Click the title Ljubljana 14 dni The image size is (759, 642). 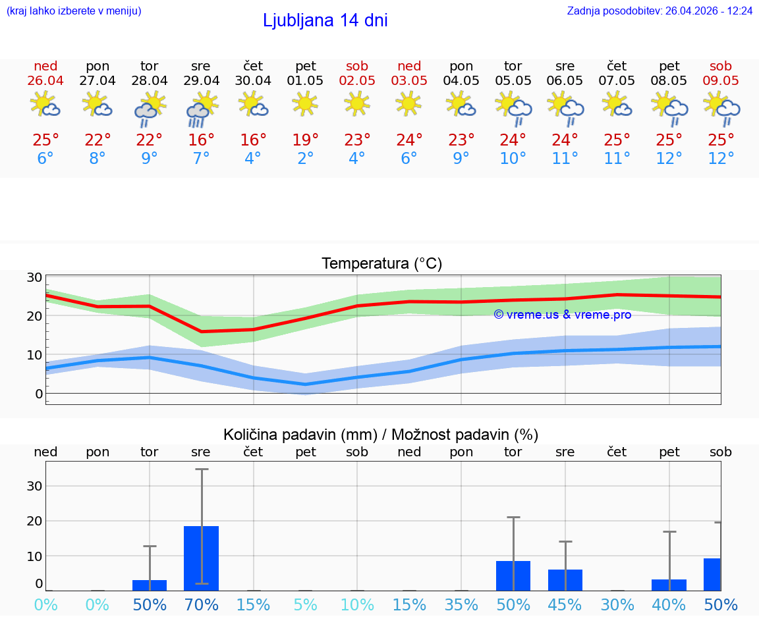coord(325,20)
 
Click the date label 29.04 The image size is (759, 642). coord(201,81)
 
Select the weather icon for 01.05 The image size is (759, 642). coord(305,104)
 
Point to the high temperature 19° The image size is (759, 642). coord(305,140)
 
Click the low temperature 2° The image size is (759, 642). coord(305,159)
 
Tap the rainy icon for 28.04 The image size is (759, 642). coord(150,108)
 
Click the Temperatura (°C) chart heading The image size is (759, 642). coord(381,264)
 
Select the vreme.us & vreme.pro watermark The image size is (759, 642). coord(563,315)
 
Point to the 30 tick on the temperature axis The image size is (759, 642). coord(35,277)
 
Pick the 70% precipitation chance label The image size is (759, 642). coord(201,604)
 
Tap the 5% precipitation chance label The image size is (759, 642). coord(305,604)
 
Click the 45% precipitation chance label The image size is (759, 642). coord(565,604)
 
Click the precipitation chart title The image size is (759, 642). coord(381,435)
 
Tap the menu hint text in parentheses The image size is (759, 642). coord(74,11)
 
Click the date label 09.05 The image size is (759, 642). coord(721,81)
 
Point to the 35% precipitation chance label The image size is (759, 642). coord(461,604)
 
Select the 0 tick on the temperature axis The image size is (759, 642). coord(39,394)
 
